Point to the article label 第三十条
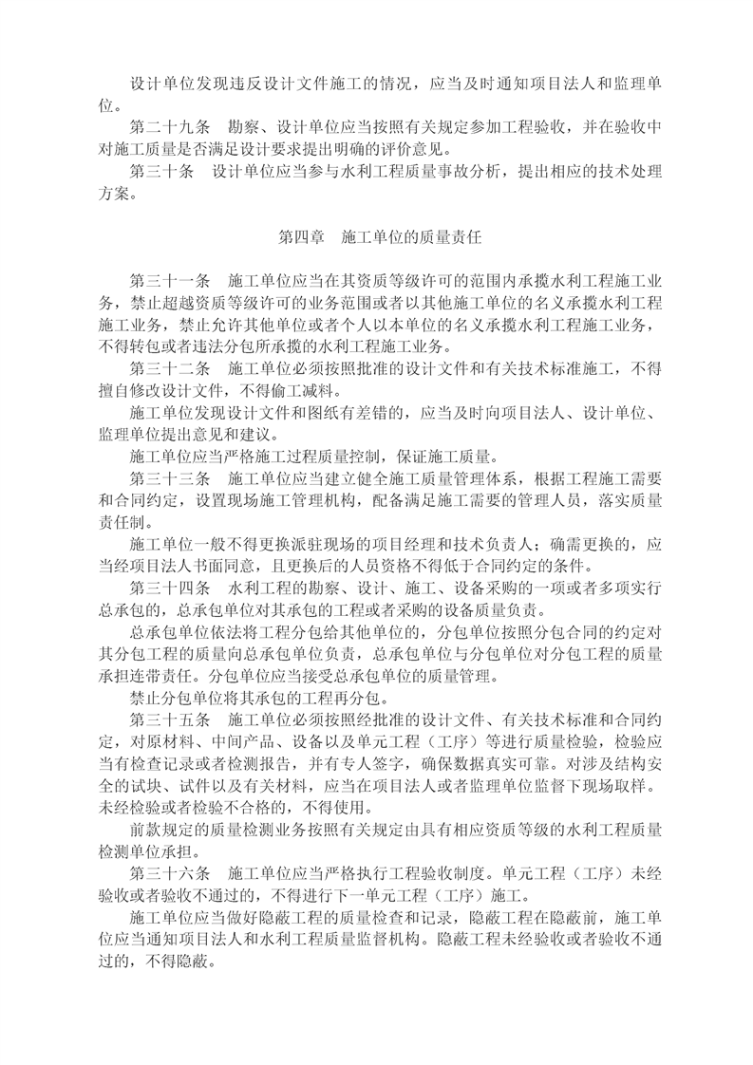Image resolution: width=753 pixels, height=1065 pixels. pyautogui.click(x=161, y=172)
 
